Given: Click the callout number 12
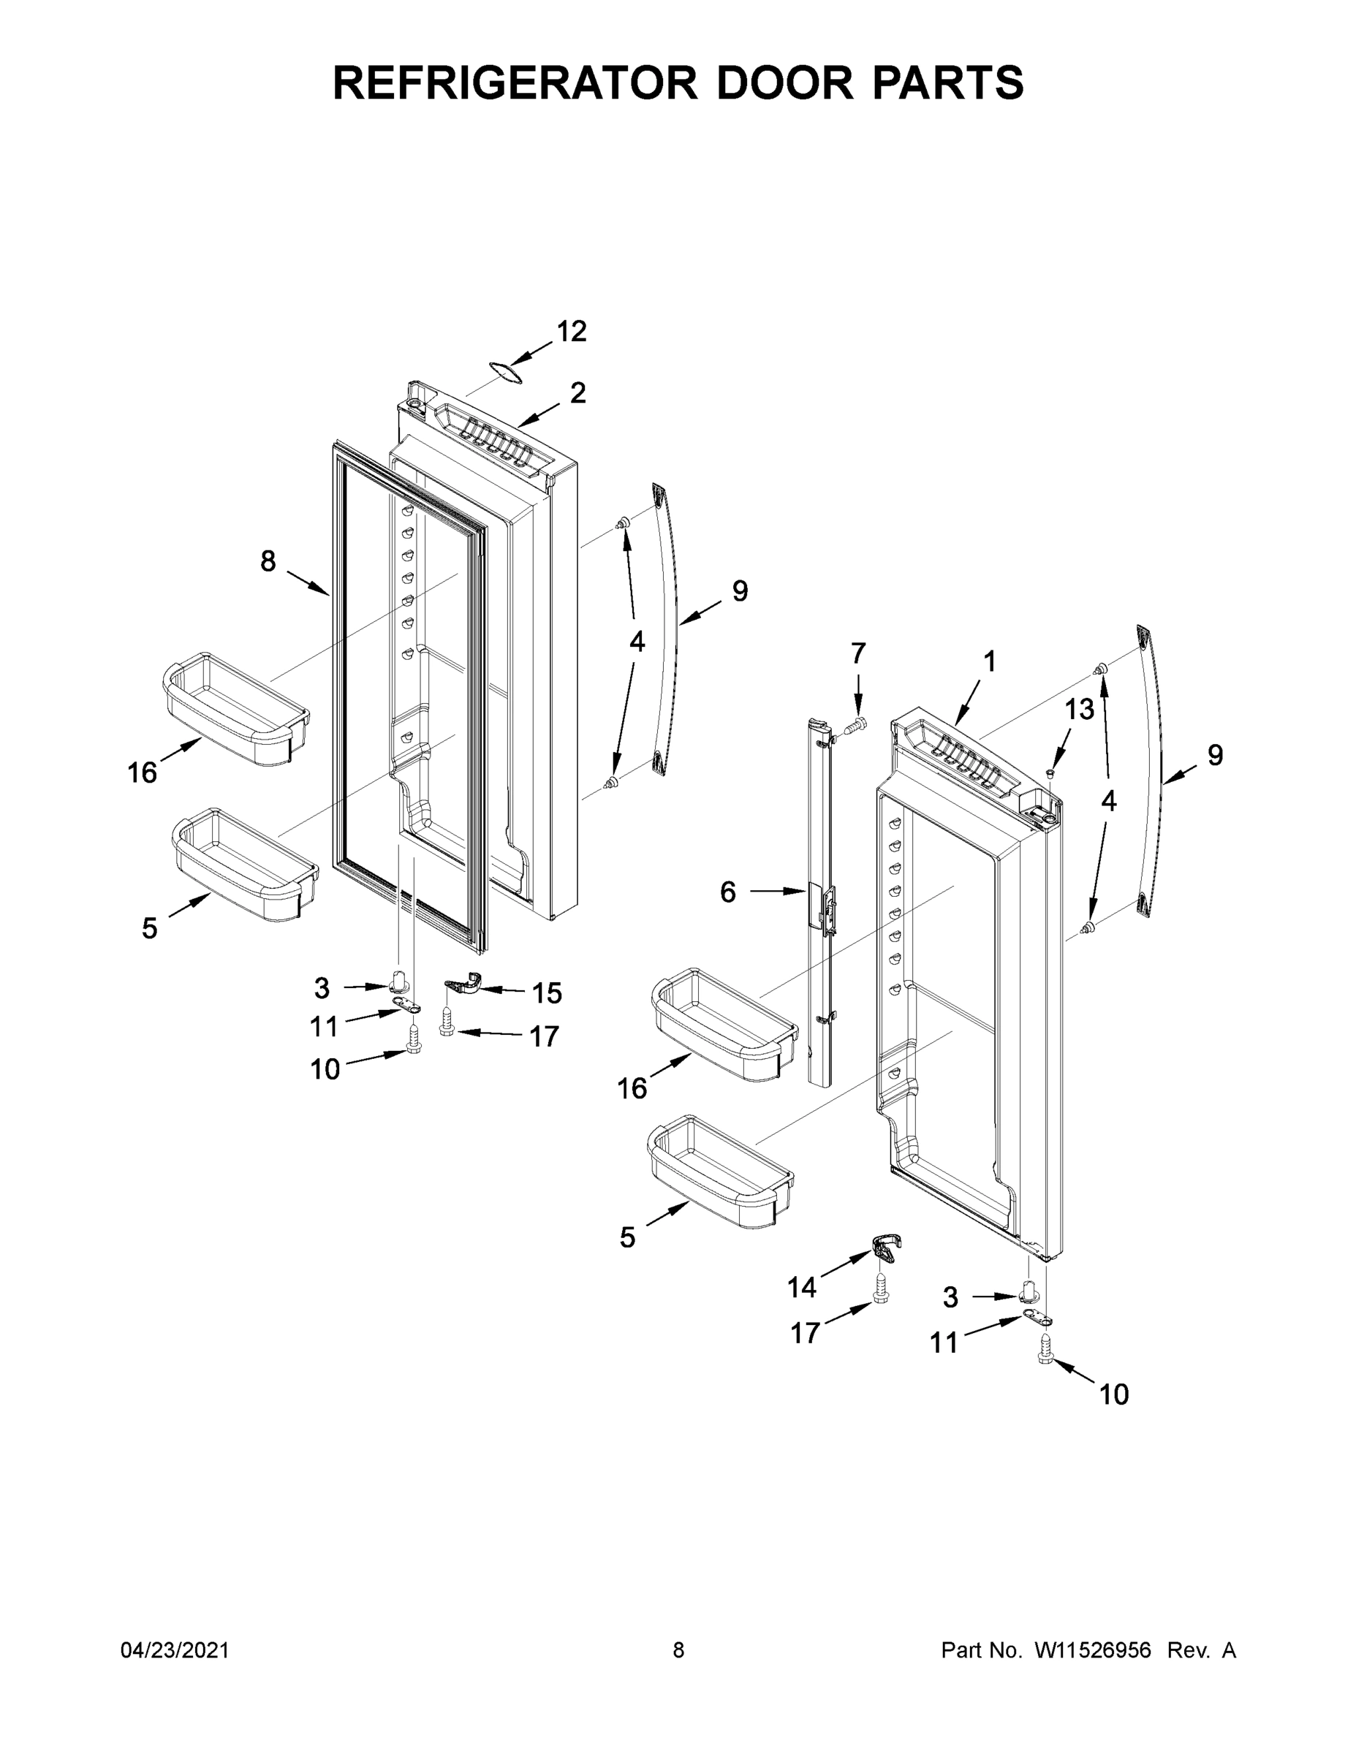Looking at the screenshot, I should tap(572, 331).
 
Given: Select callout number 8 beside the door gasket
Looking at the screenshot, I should tap(268, 561).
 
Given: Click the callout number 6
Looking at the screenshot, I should tap(728, 892).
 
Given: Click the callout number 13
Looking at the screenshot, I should tap(1080, 709).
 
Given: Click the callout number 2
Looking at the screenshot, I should tap(577, 392).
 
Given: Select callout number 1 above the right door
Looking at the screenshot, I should tap(990, 661).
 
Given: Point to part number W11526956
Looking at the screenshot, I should tap(1093, 1650).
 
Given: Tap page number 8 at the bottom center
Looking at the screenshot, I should tap(678, 1650).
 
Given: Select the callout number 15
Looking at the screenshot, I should tap(547, 993).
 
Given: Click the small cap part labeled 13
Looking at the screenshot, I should tap(1050, 772).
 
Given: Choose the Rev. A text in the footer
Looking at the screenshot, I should tap(1201, 1650).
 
